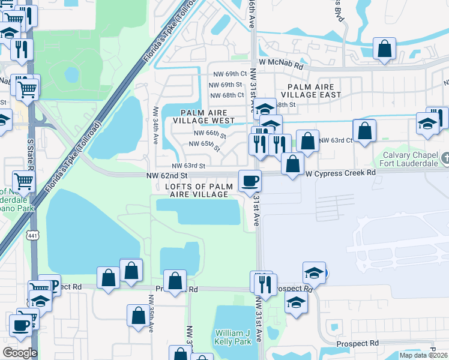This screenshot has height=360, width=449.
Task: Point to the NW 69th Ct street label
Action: coord(228,74)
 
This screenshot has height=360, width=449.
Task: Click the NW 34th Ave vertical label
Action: coord(155,125)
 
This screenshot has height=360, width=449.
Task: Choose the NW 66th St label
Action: coord(209,134)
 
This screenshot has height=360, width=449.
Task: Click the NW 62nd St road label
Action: coord(167,175)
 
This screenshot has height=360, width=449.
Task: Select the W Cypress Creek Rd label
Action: coord(340,173)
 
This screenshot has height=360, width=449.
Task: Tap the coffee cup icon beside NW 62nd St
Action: coord(250,180)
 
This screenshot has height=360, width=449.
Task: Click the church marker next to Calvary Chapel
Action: coord(445,158)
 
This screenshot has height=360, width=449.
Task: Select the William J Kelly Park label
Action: coord(232,337)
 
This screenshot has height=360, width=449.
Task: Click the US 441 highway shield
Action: coord(32,236)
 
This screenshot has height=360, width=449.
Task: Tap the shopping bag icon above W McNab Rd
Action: coord(384,48)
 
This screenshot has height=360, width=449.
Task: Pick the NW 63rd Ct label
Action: coord(336,140)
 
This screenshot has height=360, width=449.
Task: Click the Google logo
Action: coord(20,353)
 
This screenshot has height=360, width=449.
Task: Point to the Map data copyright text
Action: coord(423,355)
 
